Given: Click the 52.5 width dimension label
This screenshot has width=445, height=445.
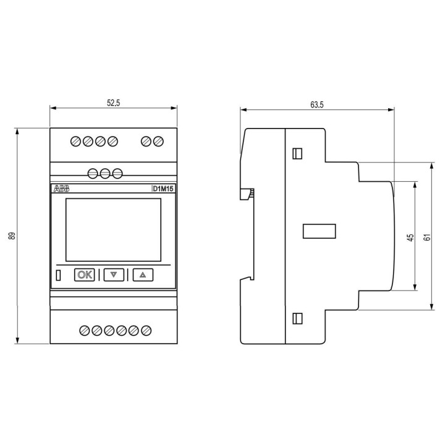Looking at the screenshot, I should click(112, 103).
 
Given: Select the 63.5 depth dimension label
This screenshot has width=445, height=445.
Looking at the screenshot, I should click(316, 105).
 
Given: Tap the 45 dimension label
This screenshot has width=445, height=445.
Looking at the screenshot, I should click(410, 237).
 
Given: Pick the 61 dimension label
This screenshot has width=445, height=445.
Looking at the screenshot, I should click(426, 237).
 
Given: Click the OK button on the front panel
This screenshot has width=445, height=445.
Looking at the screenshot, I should click(85, 274).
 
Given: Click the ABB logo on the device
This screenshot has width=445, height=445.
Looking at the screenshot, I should click(62, 189).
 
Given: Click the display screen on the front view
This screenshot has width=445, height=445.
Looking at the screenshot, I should click(113, 229).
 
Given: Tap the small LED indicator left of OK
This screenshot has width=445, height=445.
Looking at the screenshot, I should click(59, 275).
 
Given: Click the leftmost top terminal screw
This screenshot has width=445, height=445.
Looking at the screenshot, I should click(76, 142).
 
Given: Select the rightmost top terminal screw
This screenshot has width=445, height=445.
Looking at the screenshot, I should click(158, 142).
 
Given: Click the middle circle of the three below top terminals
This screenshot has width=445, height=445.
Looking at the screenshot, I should click(105, 173).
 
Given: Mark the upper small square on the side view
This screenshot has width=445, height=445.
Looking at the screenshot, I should click(297, 153).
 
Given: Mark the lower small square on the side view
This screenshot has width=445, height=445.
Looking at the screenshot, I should click(297, 318).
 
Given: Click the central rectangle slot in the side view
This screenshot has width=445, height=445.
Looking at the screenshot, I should click(319, 231).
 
